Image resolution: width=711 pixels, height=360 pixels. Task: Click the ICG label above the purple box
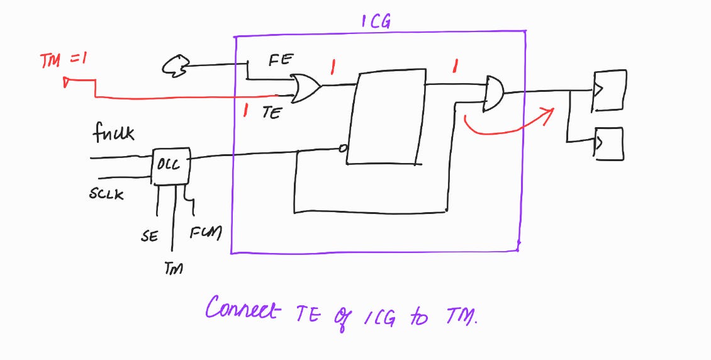(x=376, y=21)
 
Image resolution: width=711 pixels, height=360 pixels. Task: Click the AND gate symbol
(x=494, y=94)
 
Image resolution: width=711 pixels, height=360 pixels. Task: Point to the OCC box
(x=171, y=166)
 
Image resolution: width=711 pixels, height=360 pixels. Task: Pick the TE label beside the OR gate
(x=272, y=113)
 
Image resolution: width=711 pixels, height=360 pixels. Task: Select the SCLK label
(x=106, y=194)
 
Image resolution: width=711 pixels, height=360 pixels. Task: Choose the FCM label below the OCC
(x=206, y=233)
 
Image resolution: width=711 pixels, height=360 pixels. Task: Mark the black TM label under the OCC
(x=174, y=269)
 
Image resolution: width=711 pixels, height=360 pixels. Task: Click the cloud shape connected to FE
(x=176, y=65)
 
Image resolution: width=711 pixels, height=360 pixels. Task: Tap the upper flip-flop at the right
(x=609, y=90)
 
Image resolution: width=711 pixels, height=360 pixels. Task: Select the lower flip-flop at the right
(x=608, y=143)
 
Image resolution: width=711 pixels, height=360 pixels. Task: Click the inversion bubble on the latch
(x=343, y=149)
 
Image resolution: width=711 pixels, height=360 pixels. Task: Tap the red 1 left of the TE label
(x=245, y=111)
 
